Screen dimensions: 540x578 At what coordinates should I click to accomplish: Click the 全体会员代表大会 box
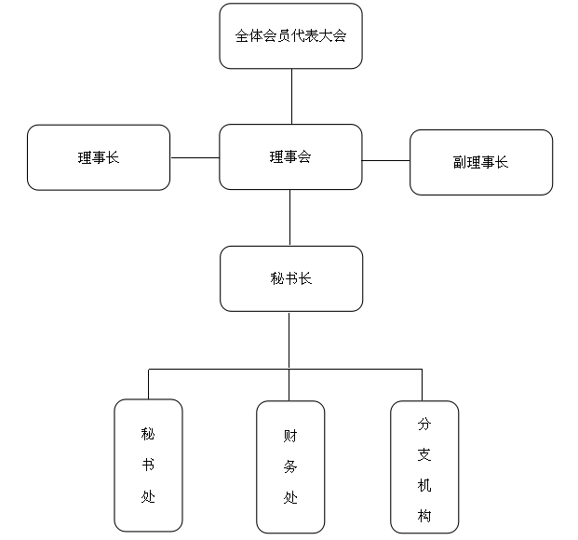(290, 36)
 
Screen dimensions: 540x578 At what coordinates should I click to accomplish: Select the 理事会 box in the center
(290, 157)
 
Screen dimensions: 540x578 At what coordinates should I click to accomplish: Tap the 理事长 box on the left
(99, 157)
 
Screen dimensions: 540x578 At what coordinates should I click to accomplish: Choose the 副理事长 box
(480, 162)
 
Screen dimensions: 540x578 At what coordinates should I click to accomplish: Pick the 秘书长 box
(290, 278)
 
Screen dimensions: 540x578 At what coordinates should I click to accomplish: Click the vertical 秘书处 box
(148, 466)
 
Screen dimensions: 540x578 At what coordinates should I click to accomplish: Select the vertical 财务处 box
(290, 466)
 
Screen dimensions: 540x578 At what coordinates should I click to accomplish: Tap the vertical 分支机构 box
(424, 466)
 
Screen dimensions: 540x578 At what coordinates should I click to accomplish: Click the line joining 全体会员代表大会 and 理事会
(291, 97)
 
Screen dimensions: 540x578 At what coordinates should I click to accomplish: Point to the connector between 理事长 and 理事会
(195, 157)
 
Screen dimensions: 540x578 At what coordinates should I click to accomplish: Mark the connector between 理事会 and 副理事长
(386, 160)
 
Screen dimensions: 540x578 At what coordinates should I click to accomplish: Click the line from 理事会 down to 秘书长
(290, 218)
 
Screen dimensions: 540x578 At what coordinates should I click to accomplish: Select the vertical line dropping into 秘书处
(148, 385)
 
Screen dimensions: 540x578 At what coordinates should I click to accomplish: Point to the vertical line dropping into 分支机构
(423, 385)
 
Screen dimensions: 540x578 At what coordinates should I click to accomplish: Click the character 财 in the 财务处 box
(290, 435)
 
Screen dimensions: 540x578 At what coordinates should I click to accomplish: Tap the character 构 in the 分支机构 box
(424, 517)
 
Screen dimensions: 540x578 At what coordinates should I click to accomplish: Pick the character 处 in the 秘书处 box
(148, 496)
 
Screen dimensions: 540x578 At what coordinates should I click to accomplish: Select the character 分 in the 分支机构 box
(424, 424)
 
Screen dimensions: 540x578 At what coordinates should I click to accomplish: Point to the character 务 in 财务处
(290, 466)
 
